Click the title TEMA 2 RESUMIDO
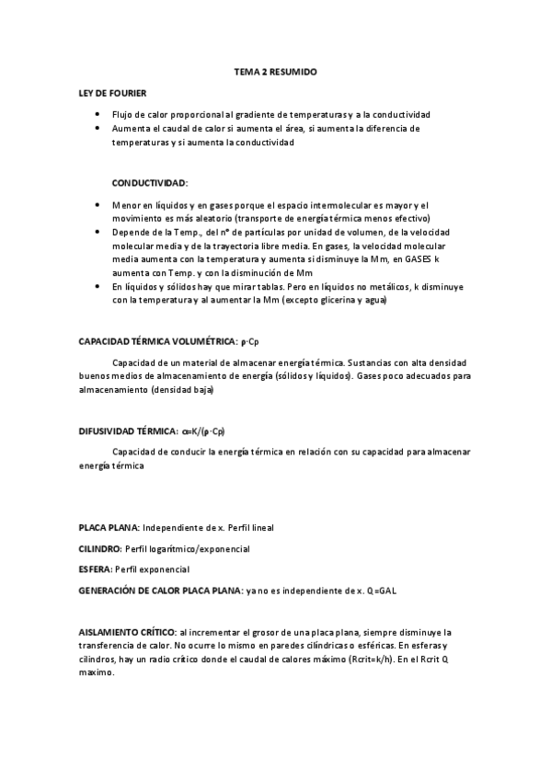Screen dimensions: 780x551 click(275, 71)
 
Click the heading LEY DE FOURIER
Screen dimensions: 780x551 click(112, 94)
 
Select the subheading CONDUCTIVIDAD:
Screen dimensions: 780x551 click(149, 183)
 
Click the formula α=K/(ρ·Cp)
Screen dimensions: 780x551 click(205, 430)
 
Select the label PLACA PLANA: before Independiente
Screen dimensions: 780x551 click(109, 528)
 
